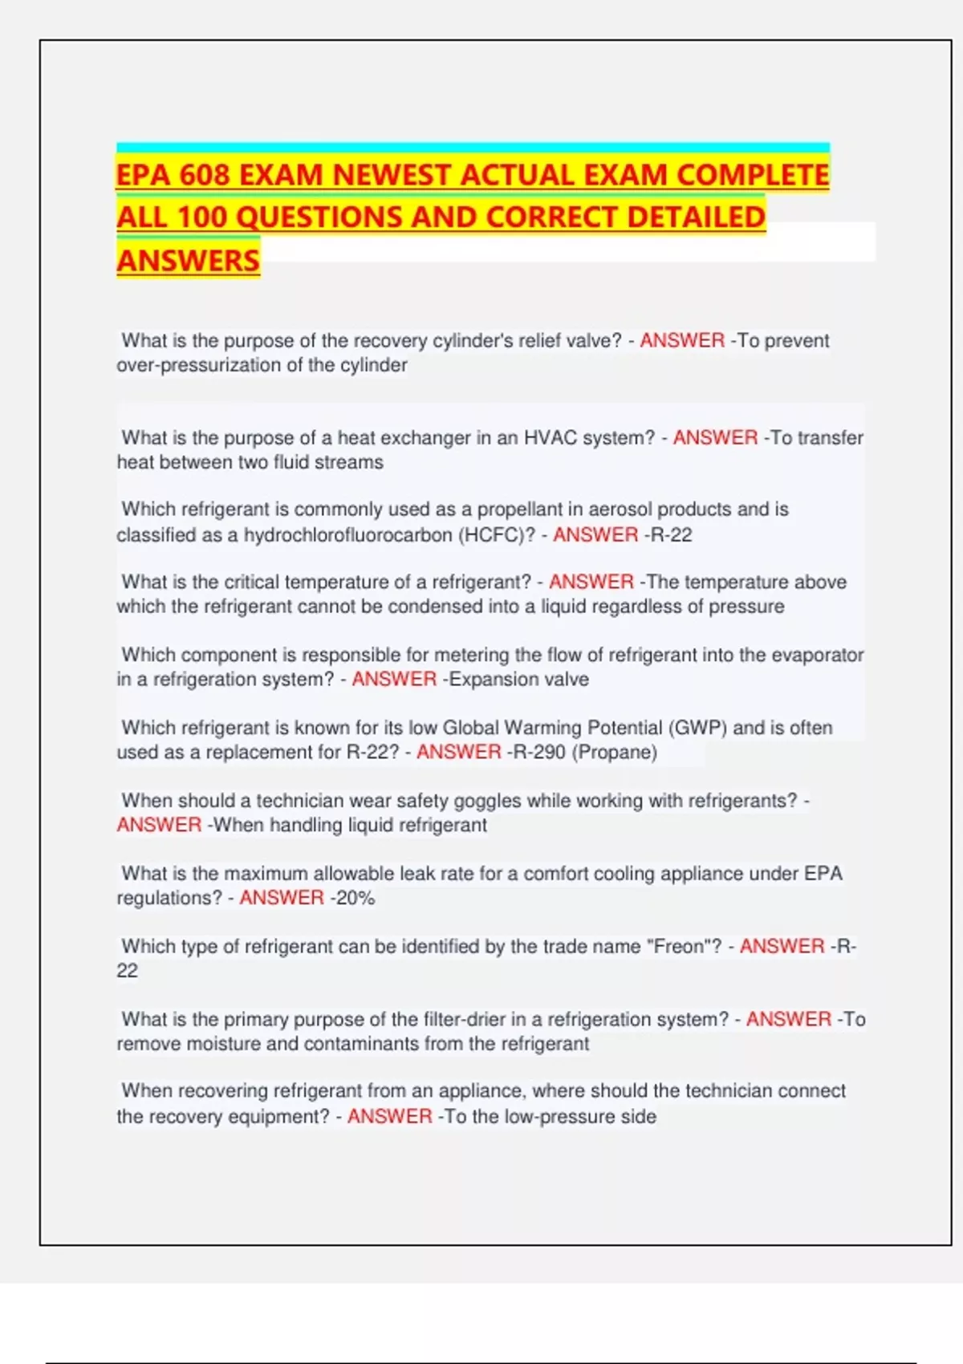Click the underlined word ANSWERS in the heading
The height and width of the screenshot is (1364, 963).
tap(188, 261)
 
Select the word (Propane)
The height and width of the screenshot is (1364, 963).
tap(615, 753)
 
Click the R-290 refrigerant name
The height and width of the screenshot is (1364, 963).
tap(539, 753)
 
